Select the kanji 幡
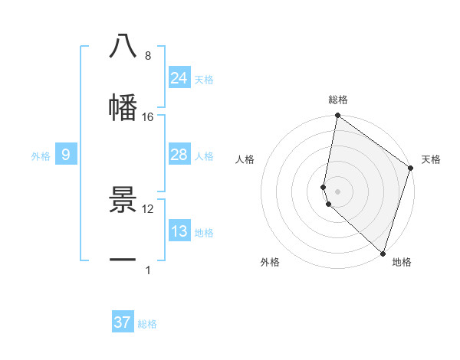point(123,106)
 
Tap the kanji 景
point(123,200)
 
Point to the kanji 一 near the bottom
point(123,260)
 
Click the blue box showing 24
point(179,78)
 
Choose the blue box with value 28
point(179,155)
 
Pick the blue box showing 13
point(179,231)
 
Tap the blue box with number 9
point(66,155)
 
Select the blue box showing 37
point(123,322)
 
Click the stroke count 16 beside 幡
point(148,117)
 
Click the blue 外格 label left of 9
point(41,156)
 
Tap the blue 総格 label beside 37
point(147,324)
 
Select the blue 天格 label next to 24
point(204,80)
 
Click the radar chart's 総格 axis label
point(338,100)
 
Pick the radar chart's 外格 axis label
point(270,262)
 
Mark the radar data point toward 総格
point(337,116)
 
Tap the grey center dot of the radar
point(337,191)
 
